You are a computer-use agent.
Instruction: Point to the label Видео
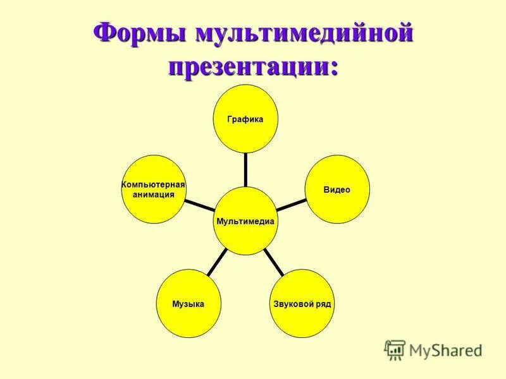[x=337, y=190]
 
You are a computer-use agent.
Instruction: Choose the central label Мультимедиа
[x=245, y=221]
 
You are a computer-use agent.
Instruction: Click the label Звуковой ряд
[x=302, y=304]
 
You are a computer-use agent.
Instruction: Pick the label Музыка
[x=188, y=304]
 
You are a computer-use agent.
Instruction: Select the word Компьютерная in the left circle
[x=153, y=184]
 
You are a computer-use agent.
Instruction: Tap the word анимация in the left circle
[x=153, y=195]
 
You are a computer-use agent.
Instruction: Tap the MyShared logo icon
[x=395, y=349]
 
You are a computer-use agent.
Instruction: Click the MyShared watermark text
[x=445, y=349]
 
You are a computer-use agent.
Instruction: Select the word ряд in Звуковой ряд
[x=323, y=304]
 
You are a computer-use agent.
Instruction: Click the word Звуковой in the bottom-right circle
[x=293, y=304]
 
